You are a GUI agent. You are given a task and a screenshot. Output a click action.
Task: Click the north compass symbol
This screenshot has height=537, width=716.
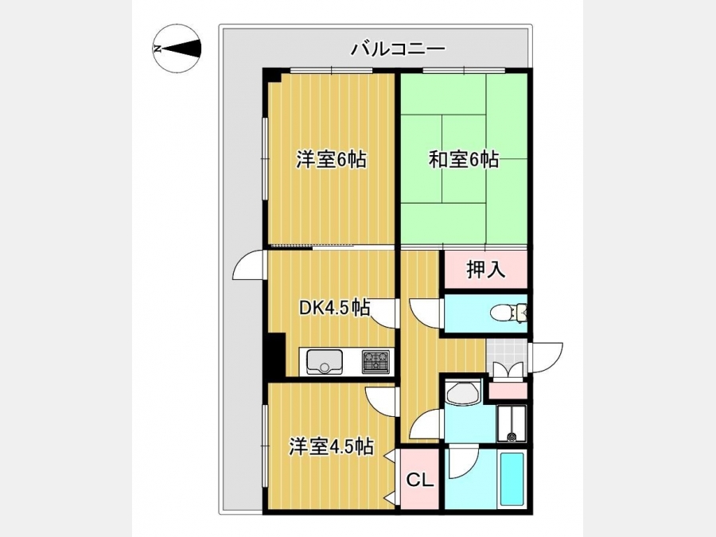177,49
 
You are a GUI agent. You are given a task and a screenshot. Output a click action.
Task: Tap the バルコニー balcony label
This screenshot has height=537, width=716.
398,49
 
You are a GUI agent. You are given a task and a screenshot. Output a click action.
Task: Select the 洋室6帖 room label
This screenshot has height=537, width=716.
332,160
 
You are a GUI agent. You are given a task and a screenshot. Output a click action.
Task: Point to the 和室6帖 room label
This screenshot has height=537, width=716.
464,160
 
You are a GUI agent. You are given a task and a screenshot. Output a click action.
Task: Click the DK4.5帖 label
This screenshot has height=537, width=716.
334,308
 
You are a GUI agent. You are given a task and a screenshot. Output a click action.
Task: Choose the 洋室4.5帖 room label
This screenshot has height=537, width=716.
331,447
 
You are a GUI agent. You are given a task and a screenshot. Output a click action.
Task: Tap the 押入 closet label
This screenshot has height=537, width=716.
486,270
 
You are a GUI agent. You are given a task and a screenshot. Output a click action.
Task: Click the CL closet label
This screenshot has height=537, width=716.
419,480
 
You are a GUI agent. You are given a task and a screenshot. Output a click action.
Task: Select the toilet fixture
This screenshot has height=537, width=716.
508,313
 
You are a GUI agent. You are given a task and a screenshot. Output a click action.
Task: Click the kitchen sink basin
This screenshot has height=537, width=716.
325,361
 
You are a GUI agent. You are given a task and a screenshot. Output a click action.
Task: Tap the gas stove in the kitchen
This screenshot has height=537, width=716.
376,362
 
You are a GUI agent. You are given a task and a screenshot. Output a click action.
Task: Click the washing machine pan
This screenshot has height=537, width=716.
512,423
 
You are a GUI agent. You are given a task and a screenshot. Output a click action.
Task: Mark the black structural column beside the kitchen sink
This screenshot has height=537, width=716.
275,354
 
